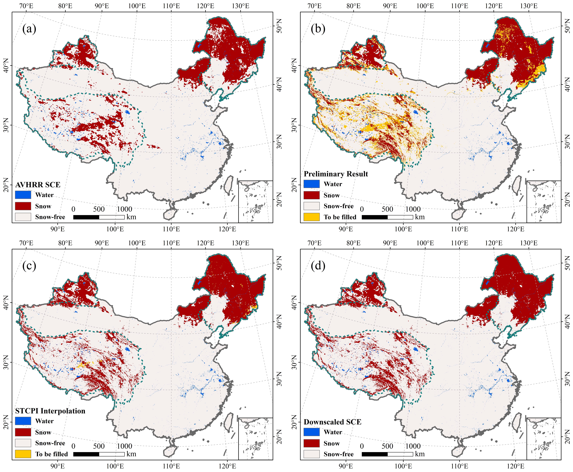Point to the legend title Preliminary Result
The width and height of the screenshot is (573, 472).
[336, 174]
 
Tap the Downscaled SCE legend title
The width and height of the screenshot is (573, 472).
[333, 422]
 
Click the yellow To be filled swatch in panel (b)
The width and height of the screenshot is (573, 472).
[312, 217]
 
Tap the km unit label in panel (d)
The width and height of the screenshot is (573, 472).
[420, 454]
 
